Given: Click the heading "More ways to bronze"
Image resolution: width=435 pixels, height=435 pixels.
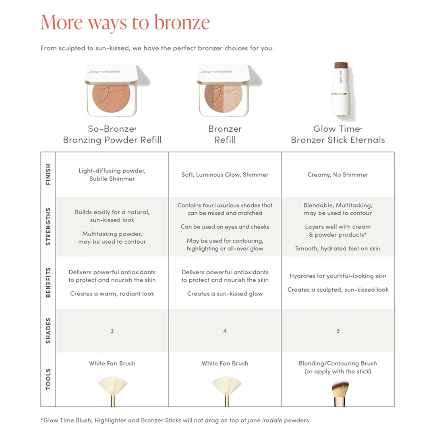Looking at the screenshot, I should [125, 23].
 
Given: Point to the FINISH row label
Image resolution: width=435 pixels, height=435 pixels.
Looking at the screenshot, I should [48, 174].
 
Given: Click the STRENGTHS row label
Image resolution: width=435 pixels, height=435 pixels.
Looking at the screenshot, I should [48, 227].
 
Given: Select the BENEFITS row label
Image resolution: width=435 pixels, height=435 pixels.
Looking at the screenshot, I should [48, 282].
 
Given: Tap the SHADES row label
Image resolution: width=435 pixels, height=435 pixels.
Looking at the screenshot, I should [48, 331].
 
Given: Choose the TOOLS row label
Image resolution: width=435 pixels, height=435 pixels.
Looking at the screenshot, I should [48, 379].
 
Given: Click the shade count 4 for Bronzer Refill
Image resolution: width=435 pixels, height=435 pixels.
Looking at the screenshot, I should [225, 331].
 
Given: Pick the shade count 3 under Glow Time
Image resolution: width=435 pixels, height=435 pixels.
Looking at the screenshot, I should [338, 331].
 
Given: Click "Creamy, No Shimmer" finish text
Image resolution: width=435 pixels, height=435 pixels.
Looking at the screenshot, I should [338, 175].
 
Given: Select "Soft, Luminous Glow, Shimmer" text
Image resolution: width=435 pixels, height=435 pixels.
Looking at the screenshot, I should [225, 175].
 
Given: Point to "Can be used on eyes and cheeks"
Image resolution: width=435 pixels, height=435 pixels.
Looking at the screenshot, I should [225, 227].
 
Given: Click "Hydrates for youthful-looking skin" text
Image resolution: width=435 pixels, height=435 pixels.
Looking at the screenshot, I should [338, 276].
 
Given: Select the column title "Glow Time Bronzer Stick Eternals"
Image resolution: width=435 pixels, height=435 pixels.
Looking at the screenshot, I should [338, 135].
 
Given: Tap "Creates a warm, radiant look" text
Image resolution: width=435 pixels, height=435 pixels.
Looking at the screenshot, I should [112, 294].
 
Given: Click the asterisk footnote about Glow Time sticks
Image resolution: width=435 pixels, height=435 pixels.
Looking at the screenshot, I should [174, 420].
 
